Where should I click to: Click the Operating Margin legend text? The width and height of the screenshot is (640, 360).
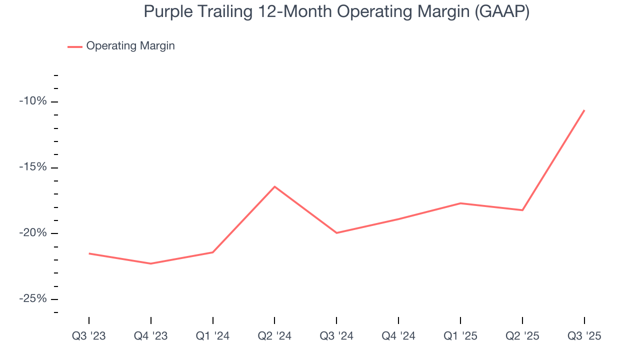[130, 46]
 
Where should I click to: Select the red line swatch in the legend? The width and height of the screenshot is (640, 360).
[75, 46]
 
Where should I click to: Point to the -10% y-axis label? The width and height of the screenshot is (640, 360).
[33, 101]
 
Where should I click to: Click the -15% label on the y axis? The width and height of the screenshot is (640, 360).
[33, 167]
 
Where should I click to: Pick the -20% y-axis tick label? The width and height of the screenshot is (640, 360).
[33, 233]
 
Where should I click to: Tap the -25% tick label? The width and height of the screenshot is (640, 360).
[33, 299]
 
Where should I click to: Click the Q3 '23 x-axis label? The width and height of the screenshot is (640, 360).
[89, 336]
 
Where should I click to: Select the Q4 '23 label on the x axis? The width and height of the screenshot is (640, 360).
[150, 336]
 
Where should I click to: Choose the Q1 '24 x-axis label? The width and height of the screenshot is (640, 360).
[212, 336]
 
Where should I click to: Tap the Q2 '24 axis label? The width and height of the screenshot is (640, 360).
[274, 336]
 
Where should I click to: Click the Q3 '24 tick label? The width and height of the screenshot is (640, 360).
[336, 336]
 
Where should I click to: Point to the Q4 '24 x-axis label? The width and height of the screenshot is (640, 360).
[398, 336]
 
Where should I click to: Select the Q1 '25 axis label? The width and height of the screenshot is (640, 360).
[460, 336]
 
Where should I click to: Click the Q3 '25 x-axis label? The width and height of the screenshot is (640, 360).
[584, 336]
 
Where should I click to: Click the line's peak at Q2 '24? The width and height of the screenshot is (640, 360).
[274, 186]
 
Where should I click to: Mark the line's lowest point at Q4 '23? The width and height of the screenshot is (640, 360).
[150, 263]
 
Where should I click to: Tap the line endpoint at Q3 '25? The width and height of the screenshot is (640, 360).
[584, 110]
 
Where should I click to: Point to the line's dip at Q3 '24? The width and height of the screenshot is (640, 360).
[336, 233]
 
